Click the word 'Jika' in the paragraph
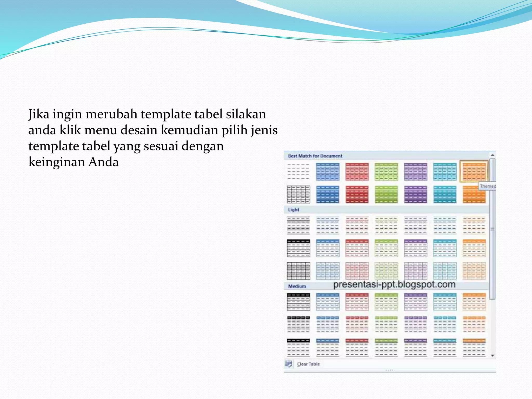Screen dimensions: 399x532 pos(39,114)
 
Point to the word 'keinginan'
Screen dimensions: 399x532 pos(56,162)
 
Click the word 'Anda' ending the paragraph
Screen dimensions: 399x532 pos(103,162)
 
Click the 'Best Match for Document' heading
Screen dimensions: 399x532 pos(315,156)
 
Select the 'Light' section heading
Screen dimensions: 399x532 pos(294,210)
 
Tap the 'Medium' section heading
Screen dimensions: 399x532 pos(297,286)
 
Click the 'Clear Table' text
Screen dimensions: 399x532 pos(308,364)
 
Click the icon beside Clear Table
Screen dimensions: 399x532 pos(289,364)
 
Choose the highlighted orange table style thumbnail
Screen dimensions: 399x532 pos(474,171)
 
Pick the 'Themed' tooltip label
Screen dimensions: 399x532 pos(488,186)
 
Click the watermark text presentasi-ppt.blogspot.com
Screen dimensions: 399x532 pos(394,284)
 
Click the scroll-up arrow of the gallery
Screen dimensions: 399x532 pos(492,155)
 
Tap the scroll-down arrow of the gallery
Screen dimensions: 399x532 pos(493,356)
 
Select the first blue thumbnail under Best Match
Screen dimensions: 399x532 pos(328,172)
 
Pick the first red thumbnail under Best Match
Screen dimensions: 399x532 pos(357,172)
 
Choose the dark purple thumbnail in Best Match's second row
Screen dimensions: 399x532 pos(415,194)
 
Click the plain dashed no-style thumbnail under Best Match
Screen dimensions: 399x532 pos(298,172)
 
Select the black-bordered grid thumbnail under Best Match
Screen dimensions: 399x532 pos(298,194)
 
